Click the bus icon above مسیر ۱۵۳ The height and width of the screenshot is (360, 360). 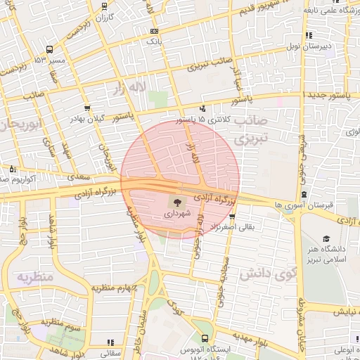49,50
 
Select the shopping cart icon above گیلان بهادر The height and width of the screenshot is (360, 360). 86,108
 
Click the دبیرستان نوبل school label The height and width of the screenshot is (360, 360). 321,46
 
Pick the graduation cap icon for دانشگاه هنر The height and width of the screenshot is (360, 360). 325,239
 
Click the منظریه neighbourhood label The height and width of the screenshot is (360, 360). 33,277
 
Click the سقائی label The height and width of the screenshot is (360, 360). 110,353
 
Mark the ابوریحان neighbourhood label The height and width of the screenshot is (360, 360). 19,124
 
